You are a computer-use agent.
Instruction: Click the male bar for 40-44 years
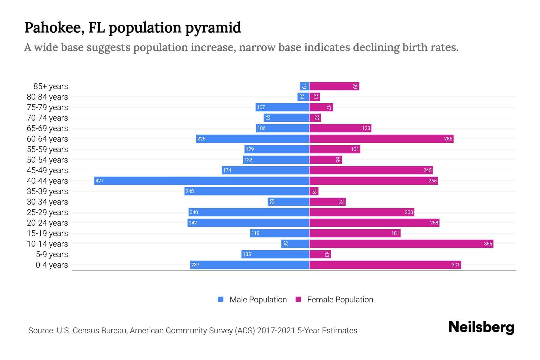tap(202, 181)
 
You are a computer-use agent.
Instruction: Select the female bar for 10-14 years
tap(401, 244)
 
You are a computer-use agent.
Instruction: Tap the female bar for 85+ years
tap(334, 86)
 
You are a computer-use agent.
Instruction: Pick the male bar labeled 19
tap(304, 86)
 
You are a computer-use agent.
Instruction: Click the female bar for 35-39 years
tap(314, 191)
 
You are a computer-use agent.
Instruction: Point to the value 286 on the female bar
tap(448, 139)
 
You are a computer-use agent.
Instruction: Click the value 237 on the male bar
tap(195, 265)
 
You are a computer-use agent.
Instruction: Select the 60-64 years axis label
tap(47, 139)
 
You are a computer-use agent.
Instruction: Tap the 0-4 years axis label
tap(52, 265)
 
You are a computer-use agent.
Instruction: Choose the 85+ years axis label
tap(50, 86)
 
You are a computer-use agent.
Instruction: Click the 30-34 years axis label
tap(47, 202)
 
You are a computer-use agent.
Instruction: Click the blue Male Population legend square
tap(221, 299)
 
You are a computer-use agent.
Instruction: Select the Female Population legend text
tap(340, 300)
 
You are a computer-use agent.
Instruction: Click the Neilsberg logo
tap(481, 327)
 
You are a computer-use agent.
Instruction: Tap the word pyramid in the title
tap(213, 28)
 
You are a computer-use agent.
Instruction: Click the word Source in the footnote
tap(41, 331)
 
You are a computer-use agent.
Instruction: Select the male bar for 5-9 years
tap(275, 254)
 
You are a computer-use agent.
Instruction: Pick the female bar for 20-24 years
tap(374, 223)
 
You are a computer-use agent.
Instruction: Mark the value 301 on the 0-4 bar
tap(455, 265)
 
